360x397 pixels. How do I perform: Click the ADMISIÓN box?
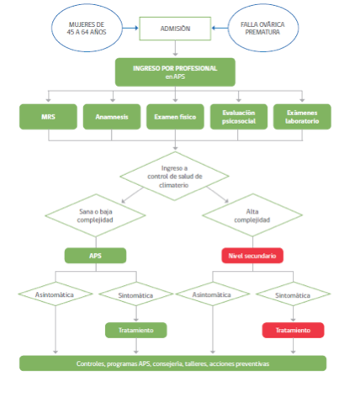[x=175, y=29]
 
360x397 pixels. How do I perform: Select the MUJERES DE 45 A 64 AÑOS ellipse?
[x=87, y=28]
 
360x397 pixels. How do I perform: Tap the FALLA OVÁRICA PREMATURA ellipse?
[x=263, y=28]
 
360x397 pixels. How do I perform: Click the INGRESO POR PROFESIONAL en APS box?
[x=175, y=72]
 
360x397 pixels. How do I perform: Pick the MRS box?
[x=48, y=117]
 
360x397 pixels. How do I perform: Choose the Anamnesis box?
[x=112, y=117]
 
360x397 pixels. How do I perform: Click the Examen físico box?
[x=175, y=117]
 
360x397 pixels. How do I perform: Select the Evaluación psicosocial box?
[x=239, y=117]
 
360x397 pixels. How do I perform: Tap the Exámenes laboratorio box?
[x=302, y=117]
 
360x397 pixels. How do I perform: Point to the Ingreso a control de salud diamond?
[x=174, y=177]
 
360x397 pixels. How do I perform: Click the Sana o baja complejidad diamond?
[x=95, y=215]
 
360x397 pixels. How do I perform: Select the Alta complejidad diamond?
[x=252, y=215]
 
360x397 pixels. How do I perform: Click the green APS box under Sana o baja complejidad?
[x=95, y=256]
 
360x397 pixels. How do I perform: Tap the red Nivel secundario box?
[x=252, y=256]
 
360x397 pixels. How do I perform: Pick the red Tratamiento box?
[x=293, y=330]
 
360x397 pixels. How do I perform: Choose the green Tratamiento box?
[x=136, y=330]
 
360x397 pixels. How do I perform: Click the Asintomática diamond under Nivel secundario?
[x=213, y=294]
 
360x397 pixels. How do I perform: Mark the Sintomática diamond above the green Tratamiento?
[x=136, y=294]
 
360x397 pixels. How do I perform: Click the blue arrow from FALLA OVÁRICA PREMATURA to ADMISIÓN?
[x=220, y=28]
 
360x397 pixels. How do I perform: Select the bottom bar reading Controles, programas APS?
[x=173, y=363]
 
